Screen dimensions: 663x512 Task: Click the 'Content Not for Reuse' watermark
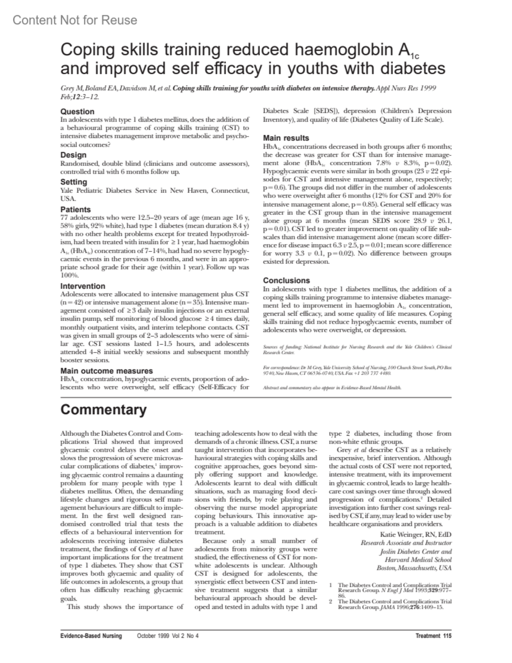pyautogui.click(x=75, y=20)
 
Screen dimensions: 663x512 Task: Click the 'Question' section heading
pyautogui.click(x=77, y=111)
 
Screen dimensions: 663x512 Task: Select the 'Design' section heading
pyautogui.click(x=73, y=155)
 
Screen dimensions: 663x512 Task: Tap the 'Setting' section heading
pyautogui.click(x=73, y=182)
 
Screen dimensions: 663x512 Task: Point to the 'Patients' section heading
pyautogui.click(x=76, y=210)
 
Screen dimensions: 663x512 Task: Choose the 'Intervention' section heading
pyautogui.click(x=83, y=286)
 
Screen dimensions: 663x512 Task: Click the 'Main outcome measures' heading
pyautogui.click(x=106, y=371)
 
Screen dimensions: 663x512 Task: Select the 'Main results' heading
pyautogui.click(x=286, y=138)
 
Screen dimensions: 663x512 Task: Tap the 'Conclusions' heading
pyautogui.click(x=286, y=280)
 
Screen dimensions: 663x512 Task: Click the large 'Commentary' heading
pyautogui.click(x=103, y=409)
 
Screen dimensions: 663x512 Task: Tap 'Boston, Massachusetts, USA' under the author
pyautogui.click(x=414, y=568)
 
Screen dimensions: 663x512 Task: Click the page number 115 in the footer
pyautogui.click(x=447, y=636)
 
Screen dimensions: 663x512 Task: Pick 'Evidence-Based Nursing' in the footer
pyautogui.click(x=91, y=636)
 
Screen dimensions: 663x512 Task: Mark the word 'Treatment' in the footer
pyautogui.click(x=428, y=636)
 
